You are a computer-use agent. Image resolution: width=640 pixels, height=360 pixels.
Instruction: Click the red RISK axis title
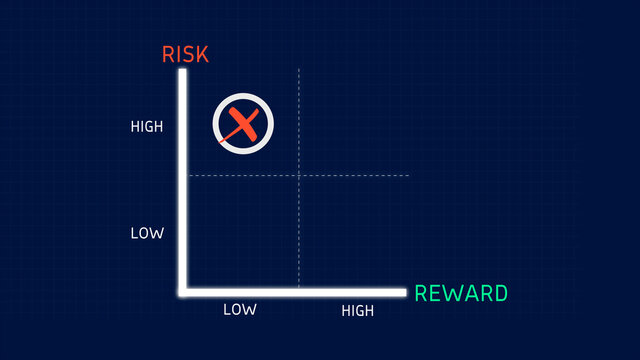[x=186, y=54]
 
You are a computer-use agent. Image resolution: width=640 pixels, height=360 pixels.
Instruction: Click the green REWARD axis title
[x=461, y=294]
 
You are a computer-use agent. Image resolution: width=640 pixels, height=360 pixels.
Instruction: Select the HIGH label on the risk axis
[x=146, y=127]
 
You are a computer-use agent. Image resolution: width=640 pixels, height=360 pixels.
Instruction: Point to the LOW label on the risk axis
[x=146, y=233]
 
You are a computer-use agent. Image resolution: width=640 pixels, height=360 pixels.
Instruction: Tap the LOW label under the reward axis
[x=239, y=310]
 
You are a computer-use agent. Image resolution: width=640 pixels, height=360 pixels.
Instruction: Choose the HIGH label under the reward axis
[x=357, y=311]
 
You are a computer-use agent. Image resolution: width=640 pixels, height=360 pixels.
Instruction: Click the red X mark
[x=243, y=124]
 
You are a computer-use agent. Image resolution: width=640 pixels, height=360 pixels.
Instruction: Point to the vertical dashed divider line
[x=299, y=230]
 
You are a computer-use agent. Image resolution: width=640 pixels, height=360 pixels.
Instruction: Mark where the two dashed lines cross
[x=299, y=175]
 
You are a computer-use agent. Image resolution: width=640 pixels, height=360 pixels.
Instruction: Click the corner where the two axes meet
[x=183, y=292]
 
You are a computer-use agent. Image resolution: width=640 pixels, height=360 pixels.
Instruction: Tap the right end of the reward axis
[x=405, y=292]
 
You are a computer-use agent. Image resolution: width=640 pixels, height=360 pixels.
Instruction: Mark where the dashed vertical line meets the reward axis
[x=299, y=291]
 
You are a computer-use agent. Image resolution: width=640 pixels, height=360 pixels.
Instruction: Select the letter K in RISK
[x=202, y=54]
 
